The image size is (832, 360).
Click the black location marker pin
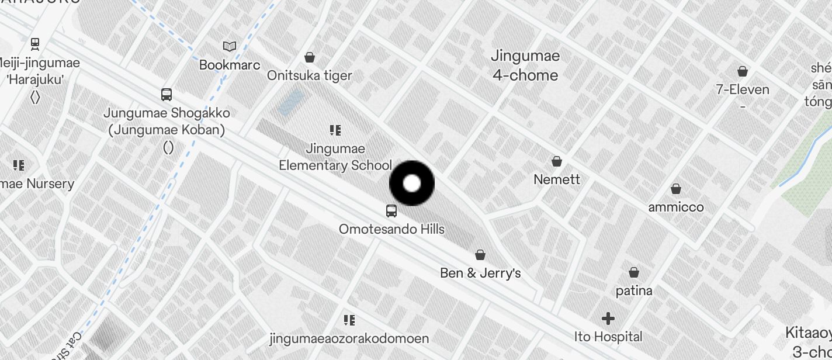[412, 184]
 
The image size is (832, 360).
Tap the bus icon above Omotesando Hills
[391, 211]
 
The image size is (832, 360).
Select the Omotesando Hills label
[391, 229]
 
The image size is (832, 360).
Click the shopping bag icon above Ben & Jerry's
[480, 255]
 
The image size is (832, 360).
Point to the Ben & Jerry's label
[480, 273]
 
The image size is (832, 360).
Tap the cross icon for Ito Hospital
[608, 319]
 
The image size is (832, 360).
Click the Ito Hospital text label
[608, 337]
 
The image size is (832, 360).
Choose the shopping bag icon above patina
[634, 272]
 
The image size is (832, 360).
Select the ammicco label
[676, 207]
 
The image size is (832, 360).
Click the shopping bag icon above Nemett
[557, 161]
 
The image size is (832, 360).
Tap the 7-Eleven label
[743, 89]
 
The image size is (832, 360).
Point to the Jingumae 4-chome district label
[525, 65]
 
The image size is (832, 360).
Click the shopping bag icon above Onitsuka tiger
[310, 57]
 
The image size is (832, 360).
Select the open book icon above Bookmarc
[230, 46]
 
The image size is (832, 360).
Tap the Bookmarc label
[230, 64]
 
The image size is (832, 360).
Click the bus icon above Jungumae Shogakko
[167, 94]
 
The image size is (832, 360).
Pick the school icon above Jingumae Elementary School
[335, 130]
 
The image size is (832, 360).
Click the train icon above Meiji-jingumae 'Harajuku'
[35, 43]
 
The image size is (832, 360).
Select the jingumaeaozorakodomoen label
[349, 338]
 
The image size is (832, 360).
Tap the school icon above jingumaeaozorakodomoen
[349, 320]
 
